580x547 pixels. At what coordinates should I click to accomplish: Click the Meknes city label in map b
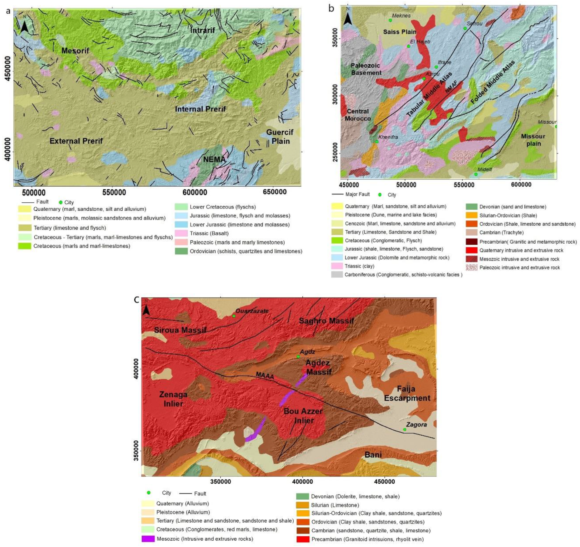(401, 16)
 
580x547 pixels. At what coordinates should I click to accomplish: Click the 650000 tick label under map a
(274, 193)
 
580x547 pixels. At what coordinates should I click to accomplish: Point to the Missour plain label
(533, 140)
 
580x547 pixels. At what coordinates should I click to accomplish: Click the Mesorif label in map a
(75, 51)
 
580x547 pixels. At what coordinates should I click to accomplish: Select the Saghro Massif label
(326, 321)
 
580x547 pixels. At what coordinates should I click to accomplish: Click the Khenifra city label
(388, 137)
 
